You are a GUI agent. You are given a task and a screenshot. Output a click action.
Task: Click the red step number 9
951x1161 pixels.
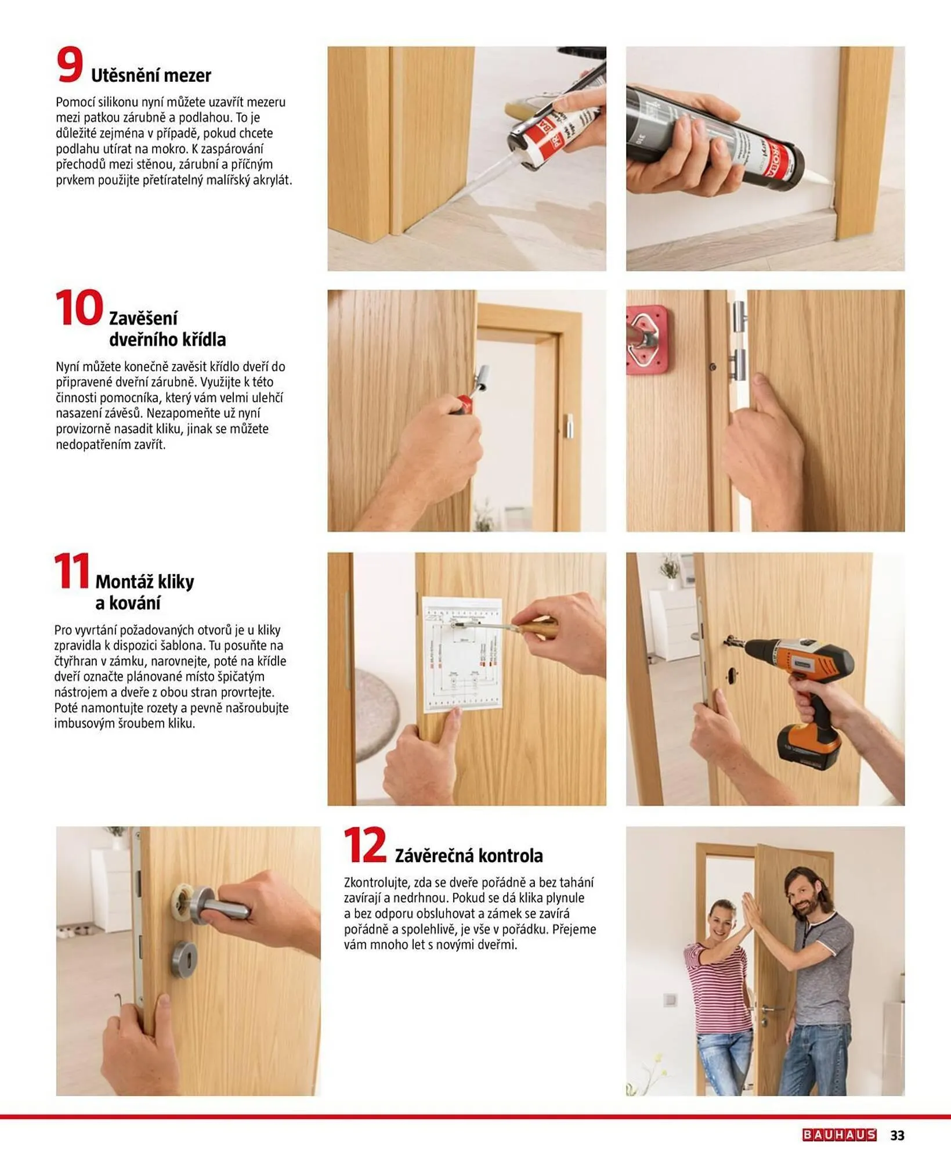(70, 65)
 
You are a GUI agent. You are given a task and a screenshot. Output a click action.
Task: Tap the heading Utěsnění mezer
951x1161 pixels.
(151, 75)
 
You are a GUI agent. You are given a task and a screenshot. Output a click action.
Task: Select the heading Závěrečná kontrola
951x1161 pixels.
(469, 856)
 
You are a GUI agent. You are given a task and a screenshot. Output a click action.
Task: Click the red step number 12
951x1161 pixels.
(365, 845)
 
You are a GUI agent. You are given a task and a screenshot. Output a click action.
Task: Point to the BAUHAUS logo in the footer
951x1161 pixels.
(839, 1135)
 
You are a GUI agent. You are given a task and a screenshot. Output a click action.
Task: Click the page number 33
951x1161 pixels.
(897, 1135)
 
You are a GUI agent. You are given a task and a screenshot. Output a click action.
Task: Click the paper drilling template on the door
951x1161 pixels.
(462, 655)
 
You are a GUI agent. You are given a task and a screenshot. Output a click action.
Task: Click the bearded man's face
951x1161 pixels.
(807, 897)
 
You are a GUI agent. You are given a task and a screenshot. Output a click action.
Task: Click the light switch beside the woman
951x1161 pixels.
(670, 1000)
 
